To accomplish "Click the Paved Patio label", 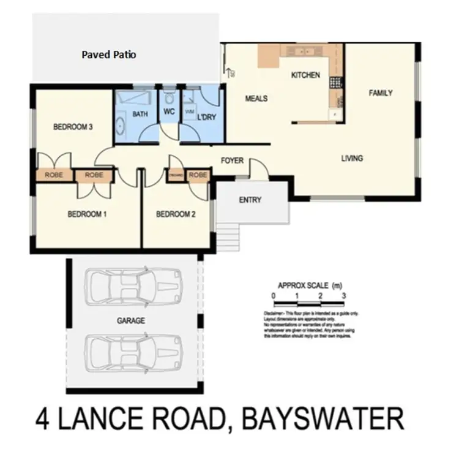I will click(x=109, y=55).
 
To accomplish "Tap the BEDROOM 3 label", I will click(x=73, y=127).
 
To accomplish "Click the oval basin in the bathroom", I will click(x=121, y=126).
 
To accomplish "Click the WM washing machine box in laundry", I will click(x=189, y=112).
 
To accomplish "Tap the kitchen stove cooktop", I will click(x=335, y=81).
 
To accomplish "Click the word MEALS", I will click(x=256, y=98).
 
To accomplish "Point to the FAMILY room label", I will click(x=380, y=93).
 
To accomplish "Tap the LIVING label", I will click(x=351, y=159).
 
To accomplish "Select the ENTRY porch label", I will click(x=250, y=200).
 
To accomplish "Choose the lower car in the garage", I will click(x=135, y=352).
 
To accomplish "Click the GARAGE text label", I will click(x=130, y=320).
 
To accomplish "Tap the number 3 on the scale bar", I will click(x=345, y=296).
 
